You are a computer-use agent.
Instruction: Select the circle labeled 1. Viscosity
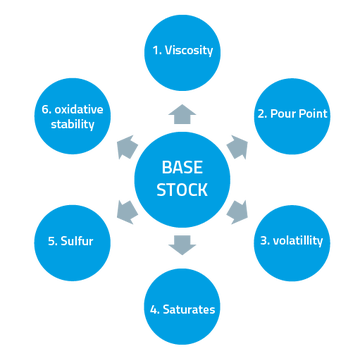pos(183,49)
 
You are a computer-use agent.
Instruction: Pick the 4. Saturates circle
pos(182,307)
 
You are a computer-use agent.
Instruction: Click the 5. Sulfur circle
pos(71,241)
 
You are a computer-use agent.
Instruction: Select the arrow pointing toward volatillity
pos(238,210)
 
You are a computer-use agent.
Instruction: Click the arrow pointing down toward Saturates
pos(183,244)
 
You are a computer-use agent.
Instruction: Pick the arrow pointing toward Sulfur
pos(127,210)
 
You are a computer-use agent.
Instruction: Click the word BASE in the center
pos(183,167)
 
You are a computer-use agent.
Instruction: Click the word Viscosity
pos(190,49)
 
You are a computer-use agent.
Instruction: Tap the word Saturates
pos(190,309)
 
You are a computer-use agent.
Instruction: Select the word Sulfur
pos(77,241)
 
